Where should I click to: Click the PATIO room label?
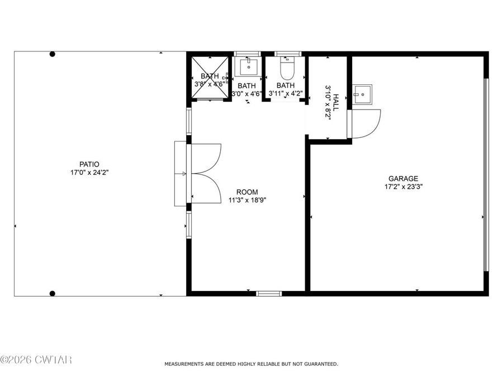point(89,164)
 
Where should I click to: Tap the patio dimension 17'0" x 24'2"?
point(89,173)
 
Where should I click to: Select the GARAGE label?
point(404,179)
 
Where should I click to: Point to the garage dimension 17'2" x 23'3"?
point(404,187)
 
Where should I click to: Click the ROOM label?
point(247,192)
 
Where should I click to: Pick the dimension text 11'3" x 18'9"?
point(247,200)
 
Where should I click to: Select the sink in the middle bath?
point(248,66)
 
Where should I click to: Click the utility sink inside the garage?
point(363,94)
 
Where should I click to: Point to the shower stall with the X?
point(210,77)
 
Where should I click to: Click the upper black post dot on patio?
point(53,54)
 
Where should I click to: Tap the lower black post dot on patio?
point(53,293)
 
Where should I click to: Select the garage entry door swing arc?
point(367,124)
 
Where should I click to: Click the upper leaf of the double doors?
point(206,158)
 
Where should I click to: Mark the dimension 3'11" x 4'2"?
point(285,93)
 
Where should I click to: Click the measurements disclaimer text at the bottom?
point(251,364)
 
